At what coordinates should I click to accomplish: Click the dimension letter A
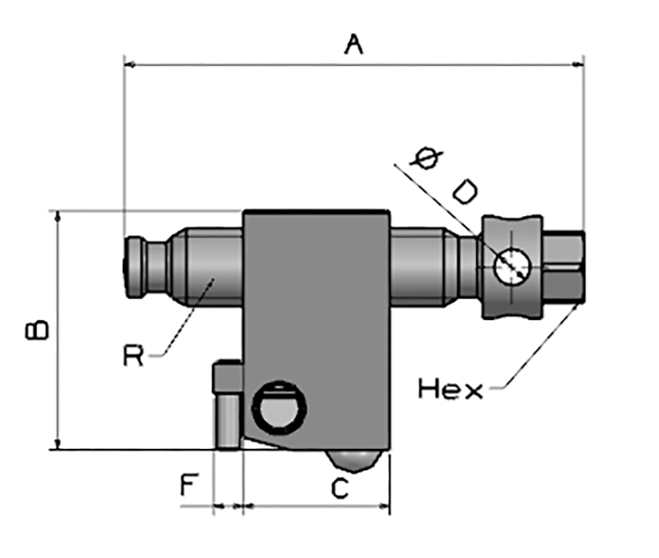[354, 45]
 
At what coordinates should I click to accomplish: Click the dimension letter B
[37, 331]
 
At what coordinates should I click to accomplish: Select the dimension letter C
[340, 488]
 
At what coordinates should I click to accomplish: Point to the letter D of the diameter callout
[465, 192]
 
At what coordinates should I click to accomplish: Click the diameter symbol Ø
[427, 158]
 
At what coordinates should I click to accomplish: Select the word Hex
[450, 389]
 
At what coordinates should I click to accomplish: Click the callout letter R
[133, 355]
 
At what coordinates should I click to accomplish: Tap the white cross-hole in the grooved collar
[512, 267]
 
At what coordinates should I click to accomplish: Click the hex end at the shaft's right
[564, 267]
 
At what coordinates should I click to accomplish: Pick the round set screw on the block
[279, 408]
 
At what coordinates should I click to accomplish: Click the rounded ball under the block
[354, 460]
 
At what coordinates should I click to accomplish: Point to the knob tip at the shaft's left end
[136, 268]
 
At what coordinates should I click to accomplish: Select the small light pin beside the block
[227, 422]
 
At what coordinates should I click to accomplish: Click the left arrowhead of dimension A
[130, 64]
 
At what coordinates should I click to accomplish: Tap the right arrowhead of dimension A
[577, 64]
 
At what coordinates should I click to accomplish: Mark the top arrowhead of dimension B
[58, 216]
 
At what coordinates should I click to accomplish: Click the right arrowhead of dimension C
[384, 506]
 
